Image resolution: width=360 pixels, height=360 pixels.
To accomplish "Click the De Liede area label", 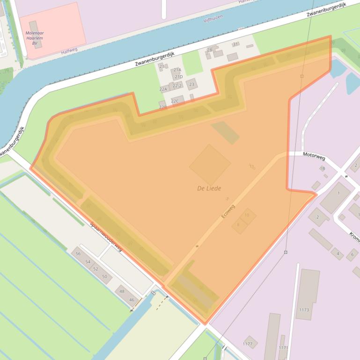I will click(x=209, y=188).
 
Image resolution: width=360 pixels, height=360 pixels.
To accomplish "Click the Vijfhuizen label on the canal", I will click(x=213, y=18).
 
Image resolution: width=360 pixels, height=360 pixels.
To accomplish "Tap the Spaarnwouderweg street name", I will click(x=106, y=237).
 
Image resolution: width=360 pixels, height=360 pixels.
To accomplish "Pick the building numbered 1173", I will click(x=304, y=310).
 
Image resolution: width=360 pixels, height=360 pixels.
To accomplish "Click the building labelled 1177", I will click(x=248, y=344).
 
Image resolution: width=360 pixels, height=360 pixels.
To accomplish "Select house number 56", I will click(x=78, y=253).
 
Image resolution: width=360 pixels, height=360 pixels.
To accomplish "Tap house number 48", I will click(x=122, y=291).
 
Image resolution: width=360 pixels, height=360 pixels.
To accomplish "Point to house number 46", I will click(x=132, y=300).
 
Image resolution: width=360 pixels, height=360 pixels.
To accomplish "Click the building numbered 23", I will click(x=191, y=84).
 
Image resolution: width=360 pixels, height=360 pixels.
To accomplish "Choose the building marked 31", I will click(x=235, y=44).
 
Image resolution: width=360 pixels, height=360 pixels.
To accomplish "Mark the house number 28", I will click(x=209, y=50).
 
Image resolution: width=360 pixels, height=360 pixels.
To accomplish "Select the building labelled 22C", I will click(x=175, y=101).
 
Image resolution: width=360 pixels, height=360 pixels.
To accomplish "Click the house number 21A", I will click(x=177, y=70).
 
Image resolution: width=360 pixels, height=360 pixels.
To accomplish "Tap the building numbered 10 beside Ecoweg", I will click(x=247, y=215).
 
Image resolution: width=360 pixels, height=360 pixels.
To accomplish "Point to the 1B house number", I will click(x=322, y=168).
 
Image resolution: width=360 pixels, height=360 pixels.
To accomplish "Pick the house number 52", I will click(x=96, y=269).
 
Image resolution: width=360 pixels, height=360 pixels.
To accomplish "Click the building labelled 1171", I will click(x=283, y=348).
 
